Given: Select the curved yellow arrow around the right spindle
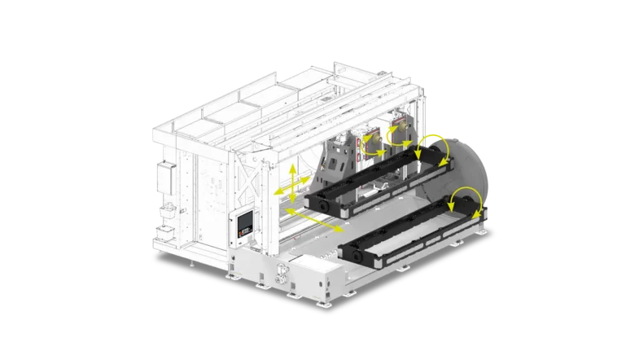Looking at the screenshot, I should tap(396, 132).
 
